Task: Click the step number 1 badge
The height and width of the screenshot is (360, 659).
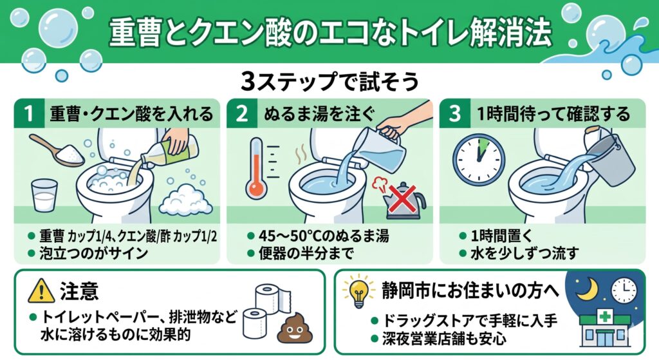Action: pos(28,113)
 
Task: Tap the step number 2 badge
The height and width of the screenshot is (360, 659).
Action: pos(242,113)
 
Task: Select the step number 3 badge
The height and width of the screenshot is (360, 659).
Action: pos(455,113)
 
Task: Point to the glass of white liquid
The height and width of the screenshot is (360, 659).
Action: pos(44,195)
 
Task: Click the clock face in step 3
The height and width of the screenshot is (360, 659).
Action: pos(479,160)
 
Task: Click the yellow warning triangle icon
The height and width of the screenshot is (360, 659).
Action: pos(41,291)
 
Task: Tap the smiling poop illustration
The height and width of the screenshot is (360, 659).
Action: pos(295,327)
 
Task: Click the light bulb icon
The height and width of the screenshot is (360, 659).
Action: pos(358,291)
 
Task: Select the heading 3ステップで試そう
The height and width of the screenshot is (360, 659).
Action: pos(330,82)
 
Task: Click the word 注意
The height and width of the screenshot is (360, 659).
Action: pos(79,291)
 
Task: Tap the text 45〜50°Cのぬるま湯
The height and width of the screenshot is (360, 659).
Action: pos(324,236)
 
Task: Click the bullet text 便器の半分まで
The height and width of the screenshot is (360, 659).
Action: pos(306,254)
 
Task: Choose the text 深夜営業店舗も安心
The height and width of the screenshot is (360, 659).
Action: pos(444,339)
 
